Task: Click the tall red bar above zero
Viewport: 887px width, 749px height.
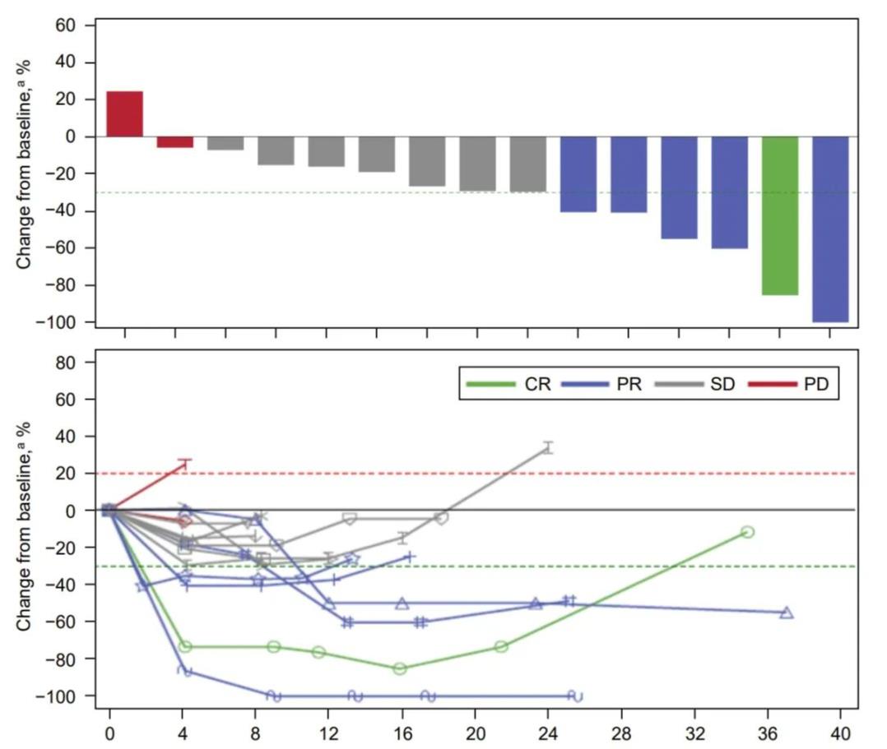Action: (x=125, y=113)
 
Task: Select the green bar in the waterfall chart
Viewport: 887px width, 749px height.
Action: (x=779, y=215)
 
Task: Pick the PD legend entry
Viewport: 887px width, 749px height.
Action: (x=795, y=384)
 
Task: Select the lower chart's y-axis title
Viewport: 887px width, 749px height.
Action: (x=26, y=527)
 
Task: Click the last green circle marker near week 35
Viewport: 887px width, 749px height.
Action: (x=747, y=532)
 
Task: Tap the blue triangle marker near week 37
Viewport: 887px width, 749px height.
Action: (x=787, y=613)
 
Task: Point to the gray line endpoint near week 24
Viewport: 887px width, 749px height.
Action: (x=548, y=447)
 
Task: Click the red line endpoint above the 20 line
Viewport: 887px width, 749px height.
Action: (x=185, y=465)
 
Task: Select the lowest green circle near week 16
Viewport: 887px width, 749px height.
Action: (x=400, y=668)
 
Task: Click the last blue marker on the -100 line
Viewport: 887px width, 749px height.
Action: (x=576, y=696)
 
